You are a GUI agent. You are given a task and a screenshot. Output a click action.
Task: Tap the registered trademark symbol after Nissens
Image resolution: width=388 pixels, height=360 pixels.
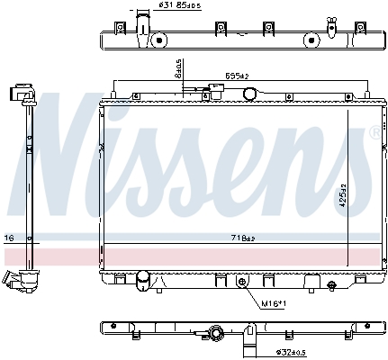(x=374, y=132)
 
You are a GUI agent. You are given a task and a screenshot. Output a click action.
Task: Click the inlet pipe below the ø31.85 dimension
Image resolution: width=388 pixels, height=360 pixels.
(x=142, y=24)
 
